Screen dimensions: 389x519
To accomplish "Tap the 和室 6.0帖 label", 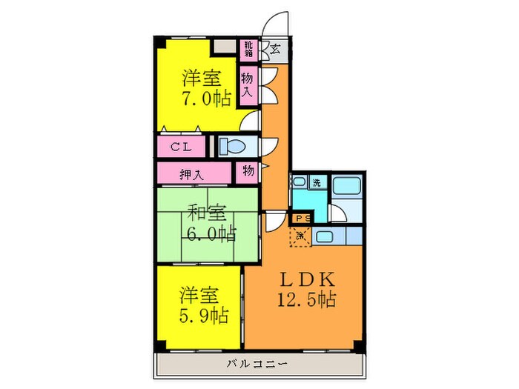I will pyautogui.click(x=210, y=224).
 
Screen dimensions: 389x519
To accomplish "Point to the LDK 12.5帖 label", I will pyautogui.click(x=308, y=290).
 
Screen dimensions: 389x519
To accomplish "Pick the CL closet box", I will pyautogui.click(x=182, y=146).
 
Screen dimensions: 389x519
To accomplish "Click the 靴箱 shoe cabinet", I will pyautogui.click(x=248, y=50).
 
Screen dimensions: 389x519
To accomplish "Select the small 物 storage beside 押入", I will pyautogui.click(x=248, y=171).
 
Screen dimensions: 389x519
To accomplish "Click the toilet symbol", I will pyautogui.click(x=236, y=145).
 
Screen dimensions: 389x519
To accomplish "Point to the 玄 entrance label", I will pyautogui.click(x=275, y=50).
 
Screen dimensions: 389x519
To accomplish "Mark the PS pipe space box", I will pyautogui.click(x=302, y=218).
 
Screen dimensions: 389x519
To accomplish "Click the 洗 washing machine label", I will pyautogui.click(x=316, y=182).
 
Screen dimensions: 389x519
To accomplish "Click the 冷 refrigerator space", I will pyautogui.click(x=301, y=236).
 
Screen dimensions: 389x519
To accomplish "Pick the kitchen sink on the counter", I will pyautogui.click(x=325, y=236).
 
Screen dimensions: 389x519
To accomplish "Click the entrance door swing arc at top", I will pyautogui.click(x=277, y=23).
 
